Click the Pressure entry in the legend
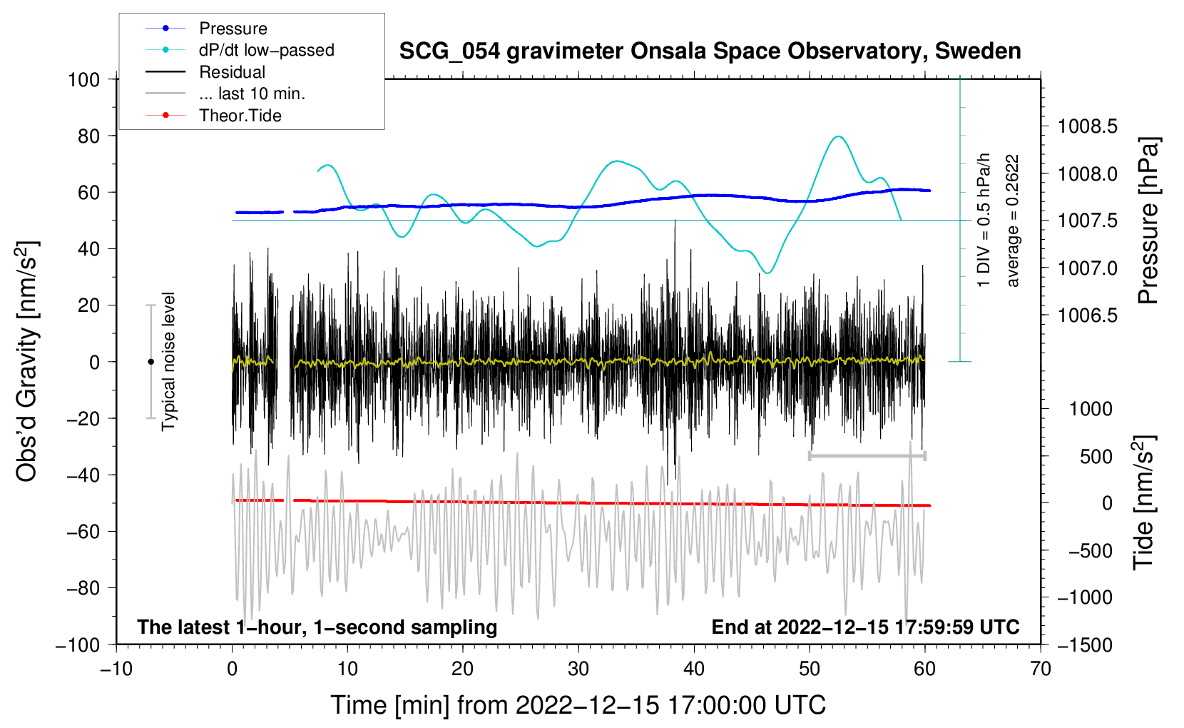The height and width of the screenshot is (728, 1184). click(206, 28)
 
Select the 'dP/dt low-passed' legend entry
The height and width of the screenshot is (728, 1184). click(240, 50)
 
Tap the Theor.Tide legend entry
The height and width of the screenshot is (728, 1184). click(213, 116)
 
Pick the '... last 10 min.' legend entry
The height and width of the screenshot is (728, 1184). click(225, 93)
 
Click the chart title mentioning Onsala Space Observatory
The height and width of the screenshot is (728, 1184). click(710, 51)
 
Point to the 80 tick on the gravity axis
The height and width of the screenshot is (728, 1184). click(88, 136)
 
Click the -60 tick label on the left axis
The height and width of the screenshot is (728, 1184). click(83, 531)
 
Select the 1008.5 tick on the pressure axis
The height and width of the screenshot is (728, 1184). click(1088, 126)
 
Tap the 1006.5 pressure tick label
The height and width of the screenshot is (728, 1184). click(1088, 315)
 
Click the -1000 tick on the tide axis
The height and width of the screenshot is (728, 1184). click(1085, 597)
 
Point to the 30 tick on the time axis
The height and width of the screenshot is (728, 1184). click(578, 669)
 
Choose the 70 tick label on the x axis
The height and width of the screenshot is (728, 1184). click(1040, 669)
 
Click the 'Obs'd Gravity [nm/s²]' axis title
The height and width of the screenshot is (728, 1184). click(26, 361)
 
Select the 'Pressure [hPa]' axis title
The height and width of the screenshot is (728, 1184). click(1147, 221)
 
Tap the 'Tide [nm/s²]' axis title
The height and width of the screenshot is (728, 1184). click(1144, 502)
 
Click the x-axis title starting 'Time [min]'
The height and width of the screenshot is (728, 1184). click(578, 705)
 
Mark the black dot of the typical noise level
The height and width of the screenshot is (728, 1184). click(150, 362)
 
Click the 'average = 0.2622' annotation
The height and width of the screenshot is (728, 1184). click(1012, 221)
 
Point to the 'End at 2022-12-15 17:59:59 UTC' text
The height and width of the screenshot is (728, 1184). click(865, 627)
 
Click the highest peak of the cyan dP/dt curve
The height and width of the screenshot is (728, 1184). click(838, 136)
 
